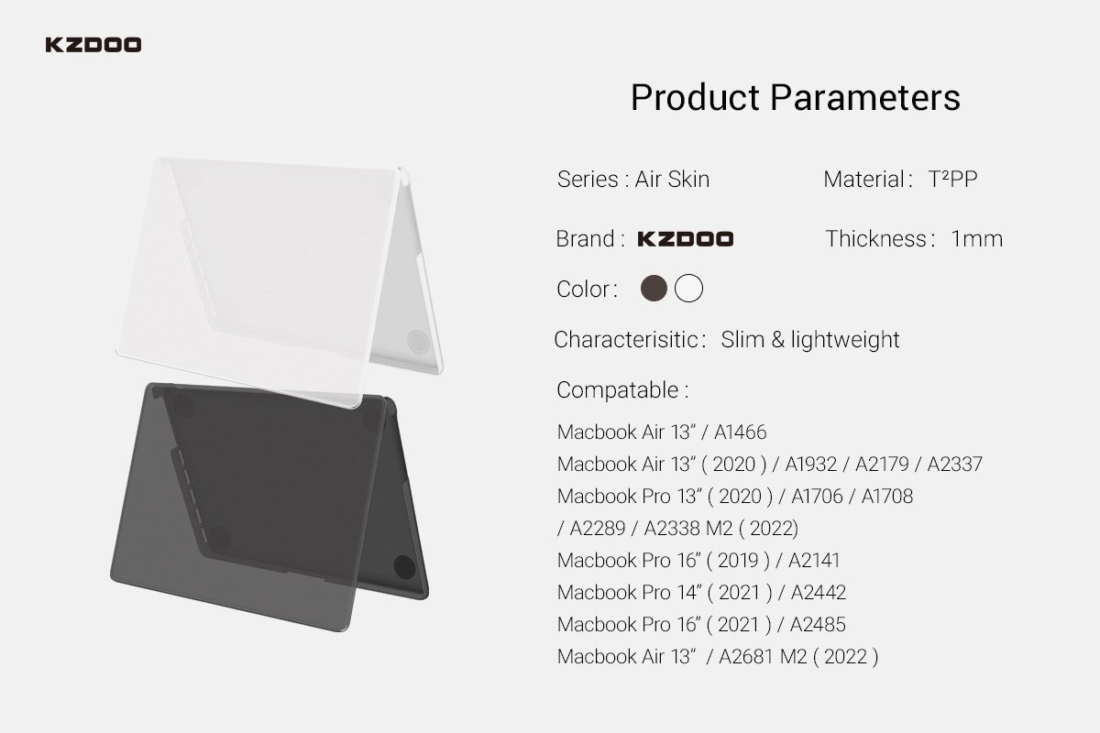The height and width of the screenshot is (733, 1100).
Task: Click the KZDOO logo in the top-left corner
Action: tap(93, 45)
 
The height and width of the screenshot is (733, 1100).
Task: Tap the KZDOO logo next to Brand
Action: tap(685, 239)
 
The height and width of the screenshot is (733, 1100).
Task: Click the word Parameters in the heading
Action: tap(864, 97)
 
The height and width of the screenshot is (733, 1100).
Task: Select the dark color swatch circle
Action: tap(654, 289)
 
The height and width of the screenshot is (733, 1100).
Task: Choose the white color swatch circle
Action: tap(688, 289)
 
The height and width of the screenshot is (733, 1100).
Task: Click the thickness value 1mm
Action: tap(977, 239)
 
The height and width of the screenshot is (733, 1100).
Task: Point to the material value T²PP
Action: tap(952, 180)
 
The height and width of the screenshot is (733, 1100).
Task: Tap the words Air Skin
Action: tap(672, 180)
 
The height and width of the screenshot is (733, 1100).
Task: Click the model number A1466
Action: tap(740, 432)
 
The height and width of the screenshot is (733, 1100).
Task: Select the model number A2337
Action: tap(954, 464)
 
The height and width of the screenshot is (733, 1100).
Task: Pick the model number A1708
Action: tap(887, 497)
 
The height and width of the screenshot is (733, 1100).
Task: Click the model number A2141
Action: tap(814, 560)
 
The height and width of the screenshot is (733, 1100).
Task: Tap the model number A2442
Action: tap(818, 593)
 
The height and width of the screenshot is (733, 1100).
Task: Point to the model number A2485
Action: tap(818, 625)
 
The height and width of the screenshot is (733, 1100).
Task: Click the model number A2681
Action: tap(746, 657)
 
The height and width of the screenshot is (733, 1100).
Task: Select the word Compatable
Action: tap(617, 391)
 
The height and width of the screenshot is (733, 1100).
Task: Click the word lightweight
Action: tap(844, 339)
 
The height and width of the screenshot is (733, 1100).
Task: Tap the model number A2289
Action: tap(598, 529)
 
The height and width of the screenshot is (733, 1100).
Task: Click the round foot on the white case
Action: tap(418, 341)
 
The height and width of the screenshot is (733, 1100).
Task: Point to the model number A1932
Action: tap(810, 464)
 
